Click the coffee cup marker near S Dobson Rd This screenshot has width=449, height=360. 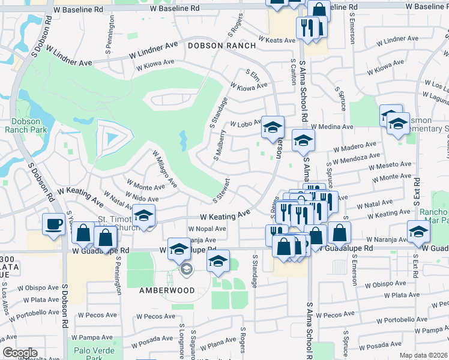pos(53,224)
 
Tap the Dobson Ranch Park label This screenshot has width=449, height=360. pos(22,125)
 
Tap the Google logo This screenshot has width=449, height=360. pos(20,353)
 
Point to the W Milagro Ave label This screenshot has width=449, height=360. pos(164,169)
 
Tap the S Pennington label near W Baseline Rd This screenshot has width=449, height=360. pos(112,29)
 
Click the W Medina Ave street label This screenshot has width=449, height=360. pos(332,127)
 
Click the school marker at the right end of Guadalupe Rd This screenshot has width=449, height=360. pos(418,232)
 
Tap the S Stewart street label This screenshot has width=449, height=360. pos(221,190)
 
